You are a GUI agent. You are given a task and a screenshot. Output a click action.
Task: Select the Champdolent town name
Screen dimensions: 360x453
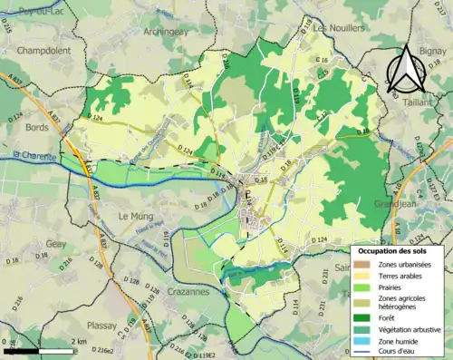click(43, 50)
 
